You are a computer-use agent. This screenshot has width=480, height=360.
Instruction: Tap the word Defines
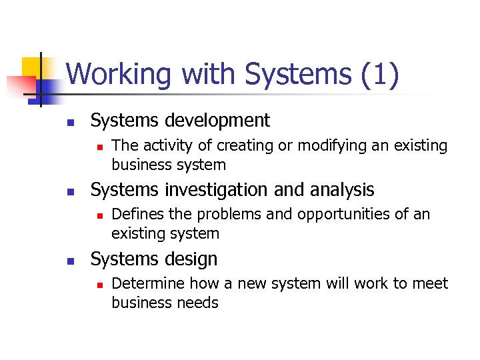[135, 214]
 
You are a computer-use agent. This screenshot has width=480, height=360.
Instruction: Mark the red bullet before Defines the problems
[97, 215]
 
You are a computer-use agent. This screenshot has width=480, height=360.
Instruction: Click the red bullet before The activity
[97, 147]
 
